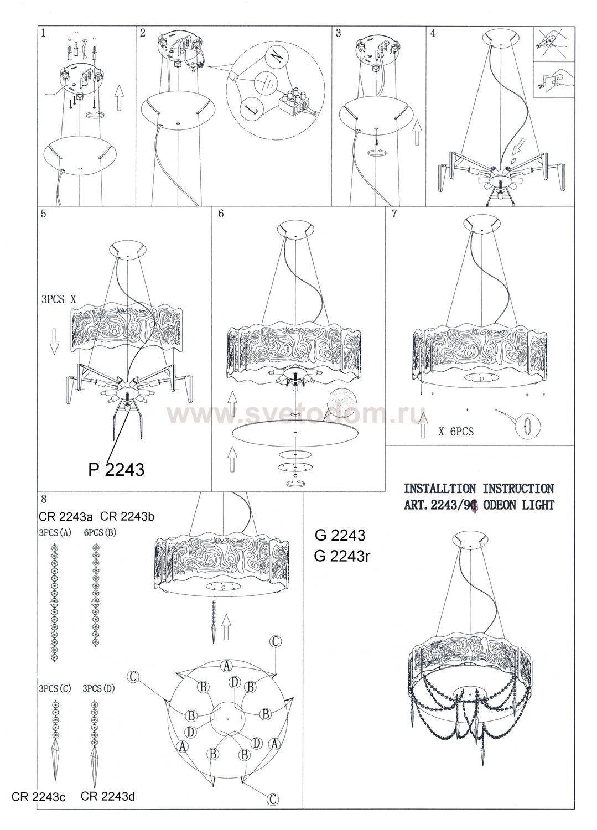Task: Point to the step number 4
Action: click(x=433, y=33)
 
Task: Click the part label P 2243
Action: click(x=116, y=469)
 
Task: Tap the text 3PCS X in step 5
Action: click(x=59, y=299)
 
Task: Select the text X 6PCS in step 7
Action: click(x=456, y=431)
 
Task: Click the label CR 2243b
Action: click(x=127, y=516)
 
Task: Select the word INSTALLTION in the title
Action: click(x=439, y=489)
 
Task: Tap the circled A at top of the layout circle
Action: click(x=226, y=666)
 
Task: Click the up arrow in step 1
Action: click(x=118, y=97)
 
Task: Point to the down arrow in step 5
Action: click(x=54, y=341)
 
